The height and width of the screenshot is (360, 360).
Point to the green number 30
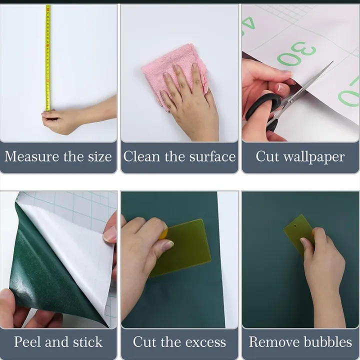click(x=296, y=53)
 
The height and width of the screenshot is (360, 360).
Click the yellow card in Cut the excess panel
click(x=183, y=248)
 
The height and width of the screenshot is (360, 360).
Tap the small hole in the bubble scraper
click(x=295, y=226)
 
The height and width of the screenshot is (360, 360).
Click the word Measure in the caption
click(x=32, y=156)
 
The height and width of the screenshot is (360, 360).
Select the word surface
click(x=212, y=156)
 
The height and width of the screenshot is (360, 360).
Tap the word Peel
click(x=28, y=342)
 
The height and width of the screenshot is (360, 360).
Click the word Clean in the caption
click(x=141, y=156)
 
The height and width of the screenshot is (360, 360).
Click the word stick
click(x=87, y=342)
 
